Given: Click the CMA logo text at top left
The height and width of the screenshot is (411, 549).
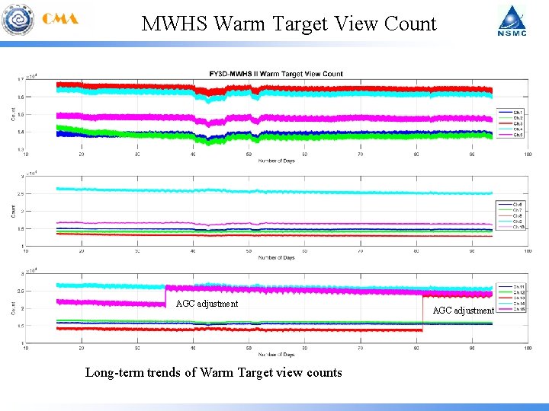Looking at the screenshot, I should point(60,20).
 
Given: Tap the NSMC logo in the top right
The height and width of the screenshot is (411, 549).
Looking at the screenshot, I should point(512,21).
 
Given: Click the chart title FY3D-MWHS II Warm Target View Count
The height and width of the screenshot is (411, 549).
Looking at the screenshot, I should point(276,74).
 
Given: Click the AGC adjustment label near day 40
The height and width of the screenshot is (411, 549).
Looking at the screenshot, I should point(207,304).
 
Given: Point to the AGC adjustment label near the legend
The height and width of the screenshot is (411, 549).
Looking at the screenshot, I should point(464,310).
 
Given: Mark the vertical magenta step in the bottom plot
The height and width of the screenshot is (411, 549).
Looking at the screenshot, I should point(165,295).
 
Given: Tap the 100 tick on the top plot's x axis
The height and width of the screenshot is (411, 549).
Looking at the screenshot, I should point(528,155).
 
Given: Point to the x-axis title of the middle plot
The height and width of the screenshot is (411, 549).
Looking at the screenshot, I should point(277,257).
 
